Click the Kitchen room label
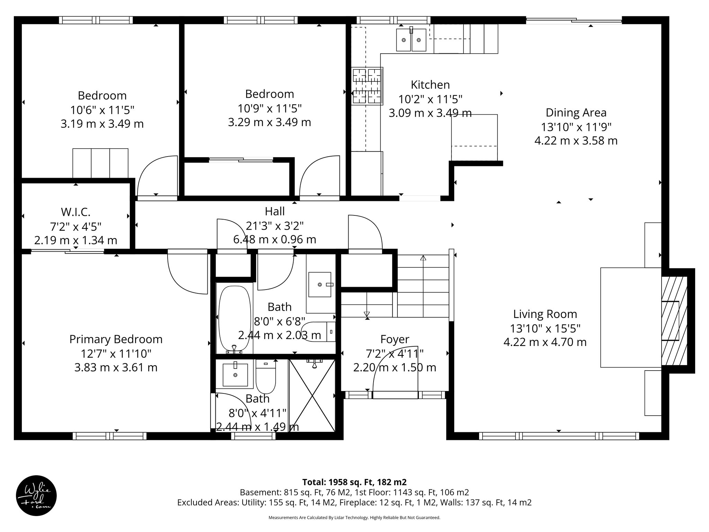point(430,85)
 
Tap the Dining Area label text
point(576,113)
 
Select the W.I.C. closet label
point(75,212)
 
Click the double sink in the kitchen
point(411,40)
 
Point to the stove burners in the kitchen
point(367,86)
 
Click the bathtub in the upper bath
point(235,318)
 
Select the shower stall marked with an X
point(312,396)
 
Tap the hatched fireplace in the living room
point(674,321)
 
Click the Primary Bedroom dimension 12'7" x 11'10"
point(116,354)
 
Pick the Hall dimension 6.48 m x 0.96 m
point(275,239)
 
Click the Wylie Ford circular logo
point(36,495)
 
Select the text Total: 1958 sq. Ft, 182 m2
point(354,482)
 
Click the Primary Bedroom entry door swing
point(187,274)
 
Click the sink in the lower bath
point(235,375)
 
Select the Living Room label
point(545,314)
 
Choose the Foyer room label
point(395,339)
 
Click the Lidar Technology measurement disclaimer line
point(354,518)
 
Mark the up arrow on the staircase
point(423,258)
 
